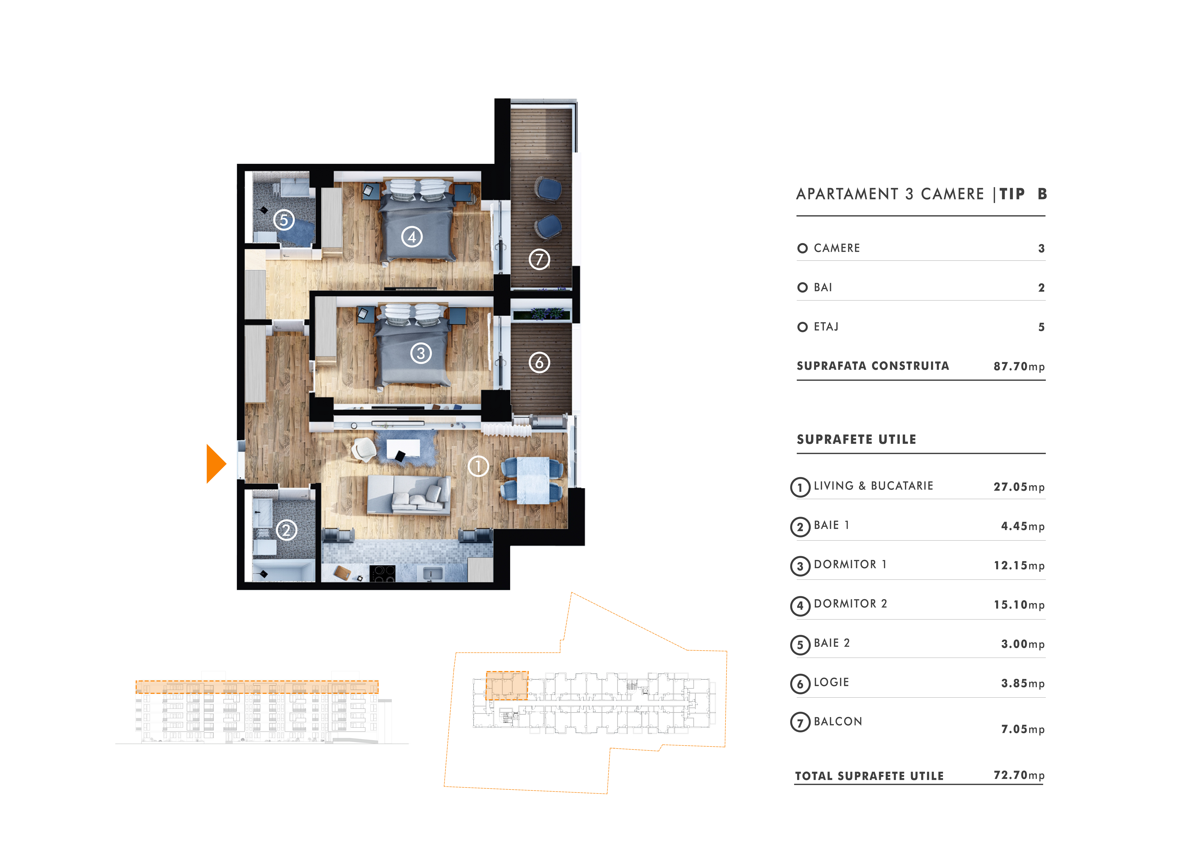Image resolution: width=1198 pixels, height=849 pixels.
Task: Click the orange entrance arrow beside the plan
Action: (215, 464)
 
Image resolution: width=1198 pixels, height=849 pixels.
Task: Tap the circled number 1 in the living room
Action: (478, 466)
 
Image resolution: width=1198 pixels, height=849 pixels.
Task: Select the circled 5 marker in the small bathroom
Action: (284, 220)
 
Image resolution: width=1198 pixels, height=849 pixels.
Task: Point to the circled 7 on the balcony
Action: (539, 259)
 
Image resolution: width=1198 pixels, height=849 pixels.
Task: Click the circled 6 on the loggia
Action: (539, 362)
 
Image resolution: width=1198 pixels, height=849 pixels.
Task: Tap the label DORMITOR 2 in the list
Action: (850, 604)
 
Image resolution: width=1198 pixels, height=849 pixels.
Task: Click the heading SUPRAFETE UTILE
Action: (856, 440)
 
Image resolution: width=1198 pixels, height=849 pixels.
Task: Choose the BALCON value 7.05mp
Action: (1022, 729)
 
